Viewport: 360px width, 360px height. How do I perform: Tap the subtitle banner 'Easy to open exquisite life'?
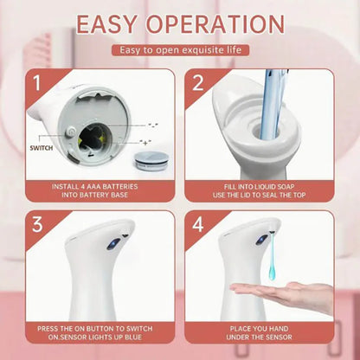(179, 51)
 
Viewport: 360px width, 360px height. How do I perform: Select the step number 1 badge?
(37, 84)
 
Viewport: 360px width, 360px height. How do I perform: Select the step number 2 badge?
(196, 84)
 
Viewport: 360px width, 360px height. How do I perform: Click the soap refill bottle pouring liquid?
(272, 104)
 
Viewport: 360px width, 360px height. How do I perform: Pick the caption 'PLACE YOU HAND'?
(259, 329)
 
